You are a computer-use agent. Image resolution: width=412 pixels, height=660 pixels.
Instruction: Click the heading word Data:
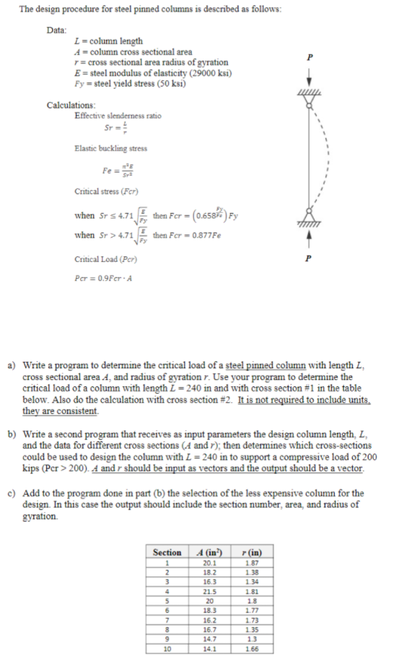coord(57,30)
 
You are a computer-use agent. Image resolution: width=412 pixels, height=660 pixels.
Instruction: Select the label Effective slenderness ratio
coord(118,116)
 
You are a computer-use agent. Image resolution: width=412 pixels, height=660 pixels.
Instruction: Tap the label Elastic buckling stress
coord(110,149)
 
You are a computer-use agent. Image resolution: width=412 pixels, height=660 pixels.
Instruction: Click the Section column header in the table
coord(167,552)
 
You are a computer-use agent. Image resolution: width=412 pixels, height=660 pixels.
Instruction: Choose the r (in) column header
coord(250,552)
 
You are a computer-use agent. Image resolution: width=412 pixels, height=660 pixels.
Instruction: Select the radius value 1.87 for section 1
coord(250,563)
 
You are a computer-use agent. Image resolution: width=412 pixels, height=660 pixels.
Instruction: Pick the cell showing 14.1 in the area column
coord(209,649)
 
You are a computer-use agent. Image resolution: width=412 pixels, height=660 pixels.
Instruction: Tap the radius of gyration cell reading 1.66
coord(250,649)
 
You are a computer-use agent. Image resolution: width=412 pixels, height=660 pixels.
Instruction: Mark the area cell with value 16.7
coord(209,630)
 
